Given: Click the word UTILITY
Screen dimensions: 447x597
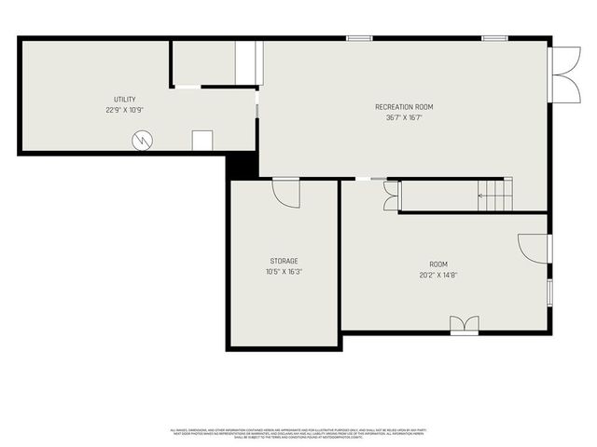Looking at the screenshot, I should click(x=125, y=99).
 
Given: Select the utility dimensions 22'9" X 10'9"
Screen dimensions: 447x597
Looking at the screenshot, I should click(x=125, y=110).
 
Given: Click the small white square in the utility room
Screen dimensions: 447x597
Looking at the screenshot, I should click(x=202, y=141).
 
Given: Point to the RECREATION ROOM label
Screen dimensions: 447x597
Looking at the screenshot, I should click(x=404, y=107).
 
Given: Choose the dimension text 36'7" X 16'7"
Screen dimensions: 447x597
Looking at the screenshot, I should click(x=404, y=118).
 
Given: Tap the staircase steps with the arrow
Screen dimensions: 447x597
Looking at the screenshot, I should click(x=495, y=195).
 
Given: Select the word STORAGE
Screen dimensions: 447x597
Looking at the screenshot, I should click(x=285, y=261).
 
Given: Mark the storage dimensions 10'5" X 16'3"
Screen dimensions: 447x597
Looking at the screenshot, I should click(x=285, y=272).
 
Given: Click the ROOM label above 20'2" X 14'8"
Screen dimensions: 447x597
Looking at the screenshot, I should click(x=438, y=264).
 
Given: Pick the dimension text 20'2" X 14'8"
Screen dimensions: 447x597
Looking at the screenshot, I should click(x=438, y=276).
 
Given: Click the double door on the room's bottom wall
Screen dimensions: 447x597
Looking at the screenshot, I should click(x=464, y=324).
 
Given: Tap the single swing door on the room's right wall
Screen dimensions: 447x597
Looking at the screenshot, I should click(x=534, y=247).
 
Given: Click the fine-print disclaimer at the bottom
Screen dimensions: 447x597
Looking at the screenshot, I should click(x=298, y=433).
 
